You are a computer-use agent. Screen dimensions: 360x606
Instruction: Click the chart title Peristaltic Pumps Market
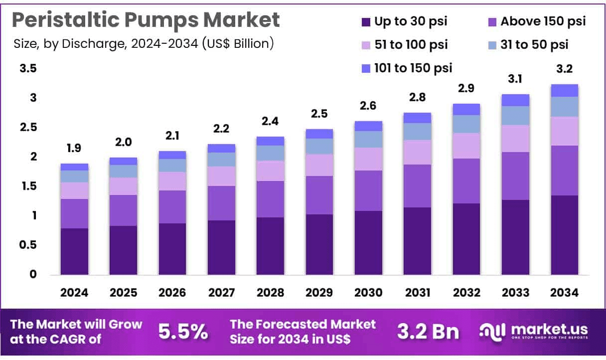pyautogui.click(x=146, y=20)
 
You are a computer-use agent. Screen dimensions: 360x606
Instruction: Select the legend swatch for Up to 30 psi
pyautogui.click(x=366, y=22)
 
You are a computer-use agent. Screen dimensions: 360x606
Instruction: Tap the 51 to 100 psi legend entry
pyautogui.click(x=405, y=45)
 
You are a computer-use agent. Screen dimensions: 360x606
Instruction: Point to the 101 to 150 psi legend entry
pyautogui.click(x=407, y=68)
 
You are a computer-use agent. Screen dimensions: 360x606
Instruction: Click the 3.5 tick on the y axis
pyautogui.click(x=28, y=69)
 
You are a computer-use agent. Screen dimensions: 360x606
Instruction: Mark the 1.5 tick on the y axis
pyautogui.click(x=28, y=186)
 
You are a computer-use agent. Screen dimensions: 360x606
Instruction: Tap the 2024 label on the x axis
pyautogui.click(x=74, y=293)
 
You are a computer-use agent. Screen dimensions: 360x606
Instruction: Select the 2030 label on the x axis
pyautogui.click(x=368, y=293)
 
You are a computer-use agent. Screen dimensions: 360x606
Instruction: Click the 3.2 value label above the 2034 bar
pyautogui.click(x=565, y=70)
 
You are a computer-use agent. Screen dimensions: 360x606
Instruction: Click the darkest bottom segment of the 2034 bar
pyautogui.click(x=565, y=234)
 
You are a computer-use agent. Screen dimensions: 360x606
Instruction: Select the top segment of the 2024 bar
pyautogui.click(x=74, y=167)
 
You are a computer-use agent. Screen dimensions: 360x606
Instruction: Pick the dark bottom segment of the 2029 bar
pyautogui.click(x=319, y=244)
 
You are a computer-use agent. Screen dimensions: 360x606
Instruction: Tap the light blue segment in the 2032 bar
pyautogui.click(x=466, y=124)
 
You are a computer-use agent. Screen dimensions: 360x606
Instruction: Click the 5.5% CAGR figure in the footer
pyautogui.click(x=183, y=332)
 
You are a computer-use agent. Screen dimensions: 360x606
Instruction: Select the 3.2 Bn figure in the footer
pyautogui.click(x=428, y=332)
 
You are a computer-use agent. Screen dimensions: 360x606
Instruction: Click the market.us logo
pyautogui.click(x=533, y=331)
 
